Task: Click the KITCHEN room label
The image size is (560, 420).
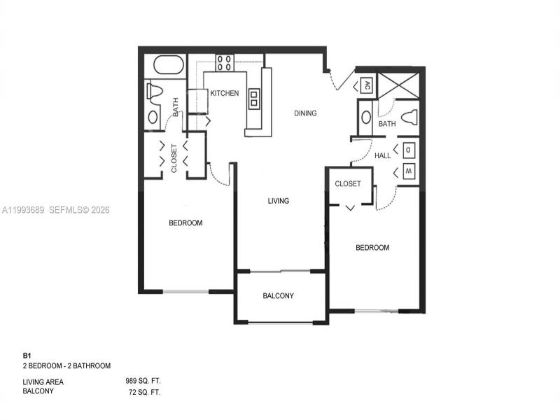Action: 225,93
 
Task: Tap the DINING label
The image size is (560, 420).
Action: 305,113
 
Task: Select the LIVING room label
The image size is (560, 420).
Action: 279,201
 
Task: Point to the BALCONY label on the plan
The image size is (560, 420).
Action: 278,296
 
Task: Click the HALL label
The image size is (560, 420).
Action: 383,155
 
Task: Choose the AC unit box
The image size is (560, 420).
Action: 366,86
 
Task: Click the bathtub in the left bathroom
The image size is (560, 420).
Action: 168,65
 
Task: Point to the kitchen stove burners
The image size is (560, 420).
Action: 224,63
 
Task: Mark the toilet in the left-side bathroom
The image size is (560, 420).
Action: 155,91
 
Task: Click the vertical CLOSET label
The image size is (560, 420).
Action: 174,159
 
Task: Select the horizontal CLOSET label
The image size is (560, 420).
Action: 348,184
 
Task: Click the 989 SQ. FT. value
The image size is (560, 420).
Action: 143,381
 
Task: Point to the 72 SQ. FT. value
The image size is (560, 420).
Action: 145,392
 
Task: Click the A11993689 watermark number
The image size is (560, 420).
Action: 23,210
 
